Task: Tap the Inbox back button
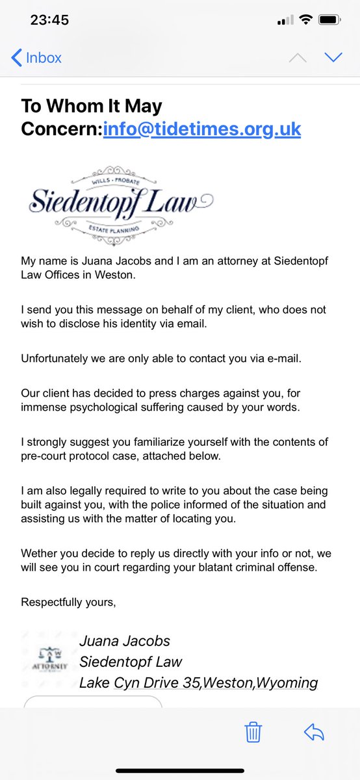coord(36,58)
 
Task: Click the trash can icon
coord(253,733)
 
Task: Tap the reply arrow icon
coord(314,733)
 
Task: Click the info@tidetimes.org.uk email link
coord(202,128)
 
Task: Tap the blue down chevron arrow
coord(333,57)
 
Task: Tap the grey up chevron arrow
coord(297,57)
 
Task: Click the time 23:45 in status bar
coord(49,20)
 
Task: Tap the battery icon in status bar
coord(330,20)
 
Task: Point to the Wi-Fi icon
coord(305,20)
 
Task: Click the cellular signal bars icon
coord(285,20)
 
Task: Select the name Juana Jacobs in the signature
coord(125,641)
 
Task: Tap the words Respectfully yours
coord(69,602)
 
